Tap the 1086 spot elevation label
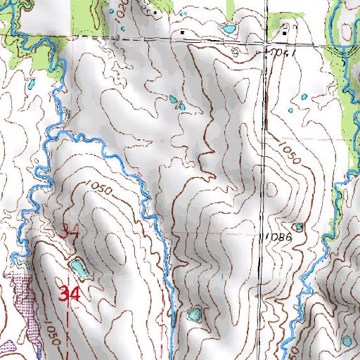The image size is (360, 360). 279,238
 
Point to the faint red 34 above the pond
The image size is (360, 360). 69,230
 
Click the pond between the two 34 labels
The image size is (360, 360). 79,267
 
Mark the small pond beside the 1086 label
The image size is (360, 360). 299,227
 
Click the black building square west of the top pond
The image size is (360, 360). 184,32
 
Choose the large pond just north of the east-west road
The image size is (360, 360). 229,30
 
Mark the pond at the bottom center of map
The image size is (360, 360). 195,314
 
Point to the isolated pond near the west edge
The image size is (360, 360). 30,82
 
